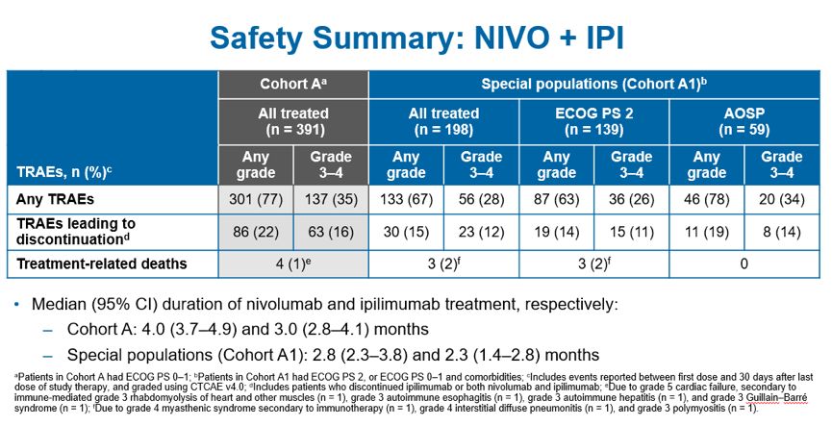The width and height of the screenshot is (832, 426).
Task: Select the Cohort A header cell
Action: coord(293,84)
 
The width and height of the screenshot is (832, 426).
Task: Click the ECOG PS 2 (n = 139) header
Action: coord(593,120)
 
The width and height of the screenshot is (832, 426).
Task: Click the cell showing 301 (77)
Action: coord(256,198)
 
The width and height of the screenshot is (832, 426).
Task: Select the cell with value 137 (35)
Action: coord(331,198)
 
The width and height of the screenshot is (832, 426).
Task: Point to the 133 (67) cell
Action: coord(406,198)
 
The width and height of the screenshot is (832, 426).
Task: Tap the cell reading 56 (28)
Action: coord(481,198)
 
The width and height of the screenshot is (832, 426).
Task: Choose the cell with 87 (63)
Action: coord(556,198)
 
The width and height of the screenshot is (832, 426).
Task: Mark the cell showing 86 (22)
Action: coord(256,231)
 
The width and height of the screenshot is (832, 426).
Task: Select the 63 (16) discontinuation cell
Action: coord(331,231)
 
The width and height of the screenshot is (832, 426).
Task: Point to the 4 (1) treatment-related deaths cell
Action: coord(293,263)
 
